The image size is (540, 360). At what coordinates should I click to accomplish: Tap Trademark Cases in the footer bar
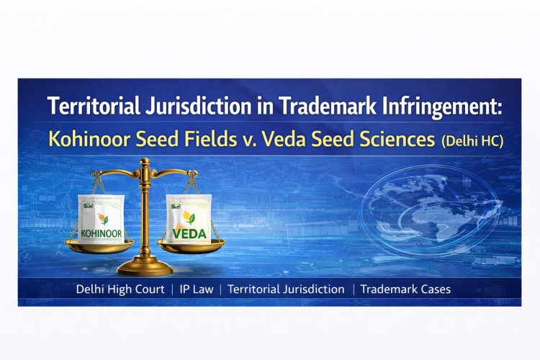click(405, 289)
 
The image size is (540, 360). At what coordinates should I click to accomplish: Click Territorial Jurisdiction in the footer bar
click(286, 289)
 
